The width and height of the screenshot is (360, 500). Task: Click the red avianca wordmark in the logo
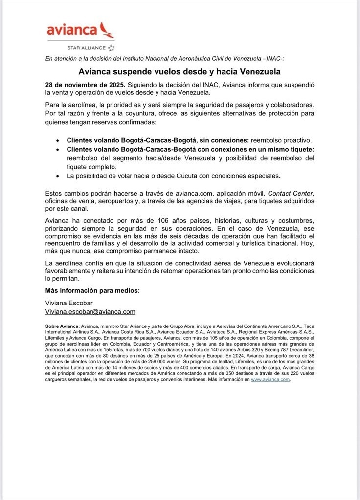71,30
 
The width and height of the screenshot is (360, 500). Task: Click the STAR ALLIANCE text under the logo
87,47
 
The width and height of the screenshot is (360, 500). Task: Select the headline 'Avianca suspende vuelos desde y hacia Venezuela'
180,71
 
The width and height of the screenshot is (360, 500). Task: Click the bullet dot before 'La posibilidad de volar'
59,176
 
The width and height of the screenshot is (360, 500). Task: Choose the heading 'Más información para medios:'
92,290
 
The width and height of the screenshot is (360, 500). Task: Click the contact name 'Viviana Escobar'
68,303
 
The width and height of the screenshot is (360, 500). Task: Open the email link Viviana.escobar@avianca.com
90,311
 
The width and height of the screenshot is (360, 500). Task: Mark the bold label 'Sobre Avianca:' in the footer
62,326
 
